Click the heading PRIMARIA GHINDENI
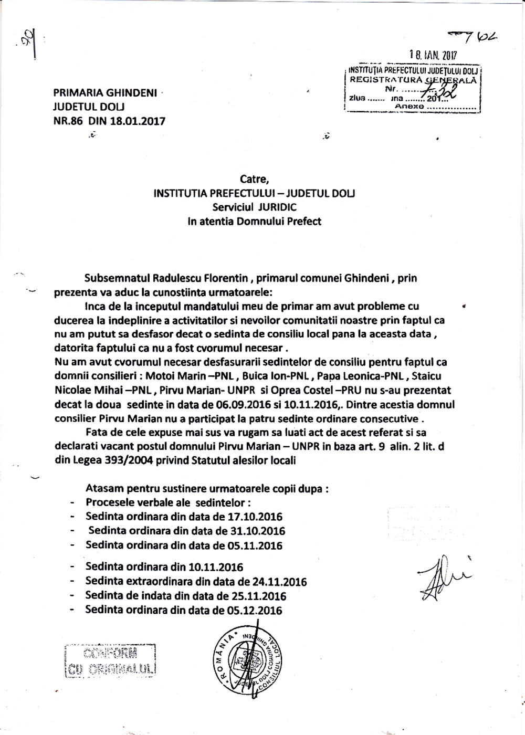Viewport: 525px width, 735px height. click(x=105, y=93)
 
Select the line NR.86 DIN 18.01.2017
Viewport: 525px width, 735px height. click(x=109, y=121)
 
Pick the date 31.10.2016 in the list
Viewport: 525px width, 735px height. click(x=258, y=531)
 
